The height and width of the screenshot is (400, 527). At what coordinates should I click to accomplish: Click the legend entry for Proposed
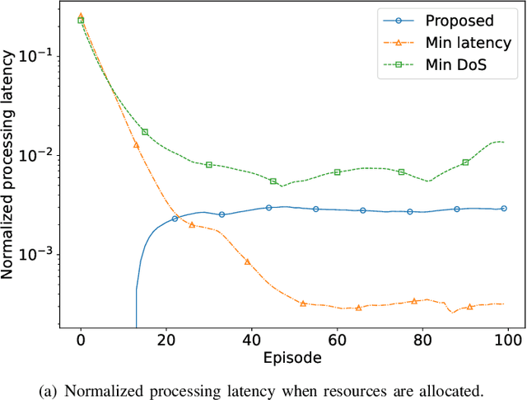pyautogui.click(x=465, y=20)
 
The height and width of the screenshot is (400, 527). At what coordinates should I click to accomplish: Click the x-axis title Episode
pyautogui.click(x=294, y=358)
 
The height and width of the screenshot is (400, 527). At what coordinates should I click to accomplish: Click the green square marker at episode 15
pyautogui.click(x=145, y=132)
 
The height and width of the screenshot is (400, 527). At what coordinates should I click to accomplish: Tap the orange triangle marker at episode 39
pyautogui.click(x=248, y=261)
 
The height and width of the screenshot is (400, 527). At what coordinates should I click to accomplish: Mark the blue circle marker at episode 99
pyautogui.click(x=504, y=209)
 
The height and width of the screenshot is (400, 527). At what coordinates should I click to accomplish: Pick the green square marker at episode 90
pyautogui.click(x=465, y=162)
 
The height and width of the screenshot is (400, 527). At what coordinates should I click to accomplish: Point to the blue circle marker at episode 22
pyautogui.click(x=175, y=219)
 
